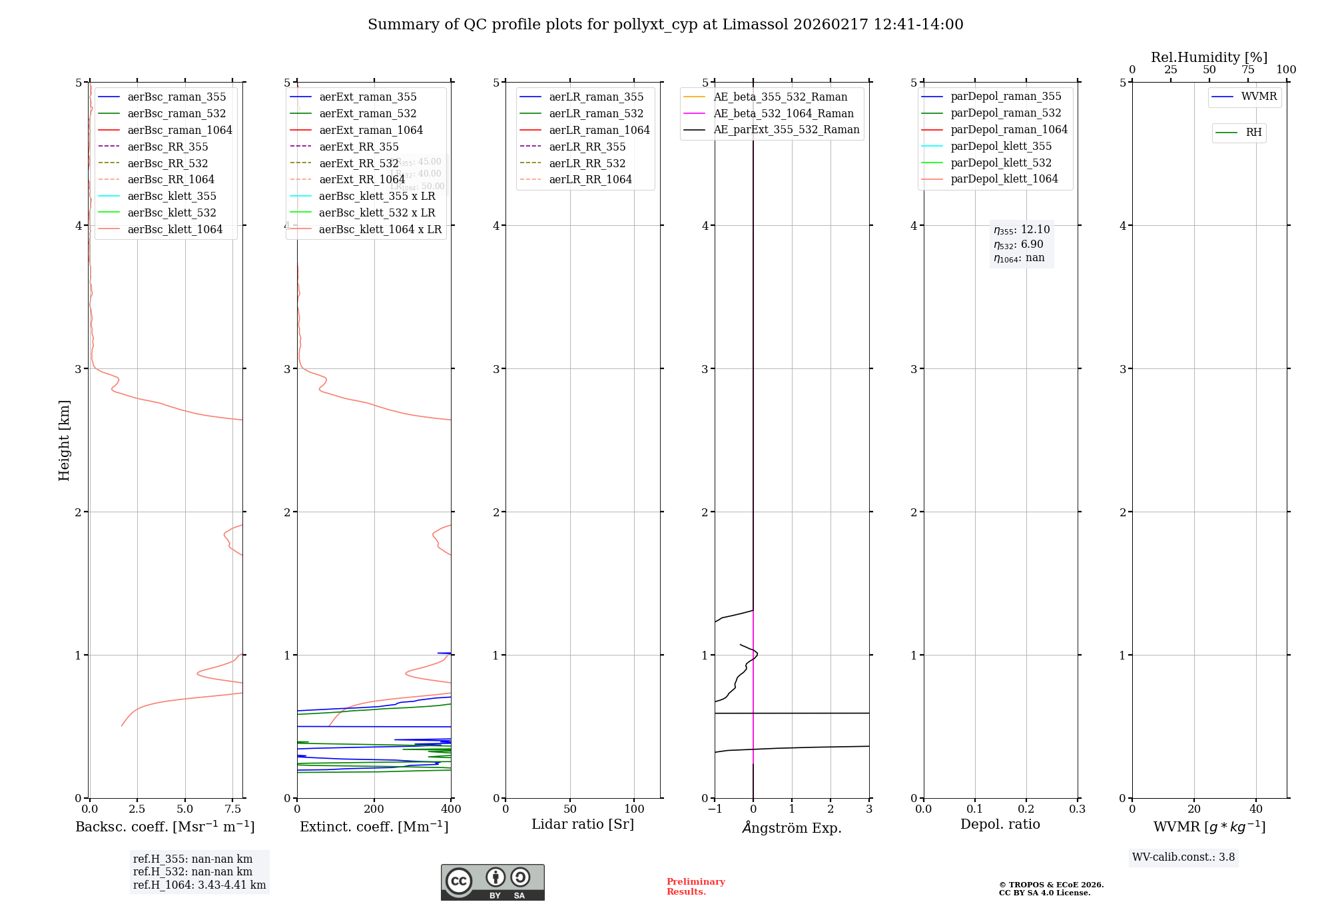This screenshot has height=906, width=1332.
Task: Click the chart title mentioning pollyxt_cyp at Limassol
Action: point(665,25)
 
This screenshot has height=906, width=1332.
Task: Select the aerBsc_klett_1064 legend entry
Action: point(174,229)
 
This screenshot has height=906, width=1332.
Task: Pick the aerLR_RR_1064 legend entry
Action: point(590,179)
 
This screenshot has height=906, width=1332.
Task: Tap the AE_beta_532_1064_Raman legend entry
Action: point(783,113)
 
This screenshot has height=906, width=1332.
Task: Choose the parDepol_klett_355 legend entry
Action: point(1001,146)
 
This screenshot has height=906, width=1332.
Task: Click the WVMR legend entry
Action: point(1259,97)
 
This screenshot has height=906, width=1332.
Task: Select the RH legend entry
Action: point(1253,133)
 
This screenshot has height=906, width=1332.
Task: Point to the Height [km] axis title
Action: point(64,440)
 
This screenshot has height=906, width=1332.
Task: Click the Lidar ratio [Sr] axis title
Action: point(583,824)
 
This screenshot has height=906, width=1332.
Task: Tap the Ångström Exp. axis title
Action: point(792,827)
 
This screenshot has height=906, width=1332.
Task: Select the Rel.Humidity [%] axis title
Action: point(1209,57)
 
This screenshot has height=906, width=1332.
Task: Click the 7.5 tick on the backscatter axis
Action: point(232,809)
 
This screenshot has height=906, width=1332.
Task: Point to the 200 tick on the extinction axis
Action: point(374,809)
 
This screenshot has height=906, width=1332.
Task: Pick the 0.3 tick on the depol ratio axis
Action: point(1077,809)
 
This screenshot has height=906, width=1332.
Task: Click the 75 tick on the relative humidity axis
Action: point(1248,69)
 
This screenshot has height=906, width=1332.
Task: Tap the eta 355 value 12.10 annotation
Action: point(1022,230)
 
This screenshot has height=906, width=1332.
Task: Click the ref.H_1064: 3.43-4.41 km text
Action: point(199,885)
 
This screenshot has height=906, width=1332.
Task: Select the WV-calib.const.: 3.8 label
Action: point(1183,857)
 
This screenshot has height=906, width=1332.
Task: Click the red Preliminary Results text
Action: point(695,886)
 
